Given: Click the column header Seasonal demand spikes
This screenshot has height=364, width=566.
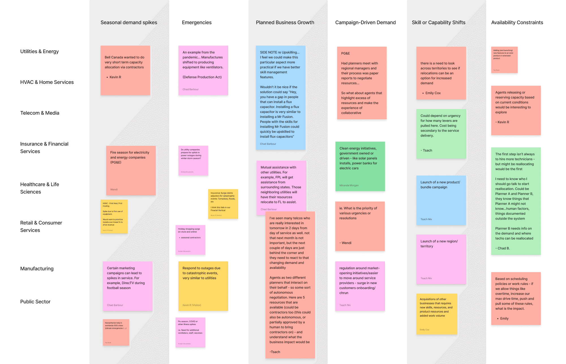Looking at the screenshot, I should (x=129, y=23).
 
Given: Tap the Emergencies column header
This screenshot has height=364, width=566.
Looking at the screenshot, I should (x=197, y=23).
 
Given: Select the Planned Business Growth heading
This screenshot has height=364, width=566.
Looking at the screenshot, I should (x=285, y=23).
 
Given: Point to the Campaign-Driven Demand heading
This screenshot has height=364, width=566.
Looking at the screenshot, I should (x=365, y=23).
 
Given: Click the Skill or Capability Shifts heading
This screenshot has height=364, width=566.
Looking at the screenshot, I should (x=438, y=23).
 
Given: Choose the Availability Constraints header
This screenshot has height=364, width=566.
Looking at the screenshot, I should (x=517, y=23).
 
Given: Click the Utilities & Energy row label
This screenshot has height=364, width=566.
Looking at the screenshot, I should (x=39, y=51).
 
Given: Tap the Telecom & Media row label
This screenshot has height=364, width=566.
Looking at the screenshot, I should (x=40, y=113).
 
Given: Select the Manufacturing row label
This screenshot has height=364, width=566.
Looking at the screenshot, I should (x=37, y=269).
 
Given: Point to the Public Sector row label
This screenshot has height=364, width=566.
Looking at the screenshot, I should (x=35, y=302).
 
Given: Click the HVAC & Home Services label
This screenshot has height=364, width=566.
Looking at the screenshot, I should (x=47, y=82).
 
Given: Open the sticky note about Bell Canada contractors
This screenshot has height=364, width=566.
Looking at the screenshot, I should (x=125, y=70).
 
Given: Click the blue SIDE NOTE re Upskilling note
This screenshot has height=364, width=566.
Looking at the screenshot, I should (x=280, y=97).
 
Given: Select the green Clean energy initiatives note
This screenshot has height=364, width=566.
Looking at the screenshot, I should (x=360, y=166).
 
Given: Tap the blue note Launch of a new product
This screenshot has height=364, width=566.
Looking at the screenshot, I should (x=441, y=200).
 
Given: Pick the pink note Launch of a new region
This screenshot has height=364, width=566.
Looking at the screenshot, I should (x=441, y=259).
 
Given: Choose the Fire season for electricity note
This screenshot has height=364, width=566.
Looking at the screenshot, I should (x=131, y=170).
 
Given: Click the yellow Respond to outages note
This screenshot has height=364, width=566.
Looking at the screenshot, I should (x=203, y=286).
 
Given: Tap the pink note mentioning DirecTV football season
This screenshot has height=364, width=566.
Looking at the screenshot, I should (x=127, y=286).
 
